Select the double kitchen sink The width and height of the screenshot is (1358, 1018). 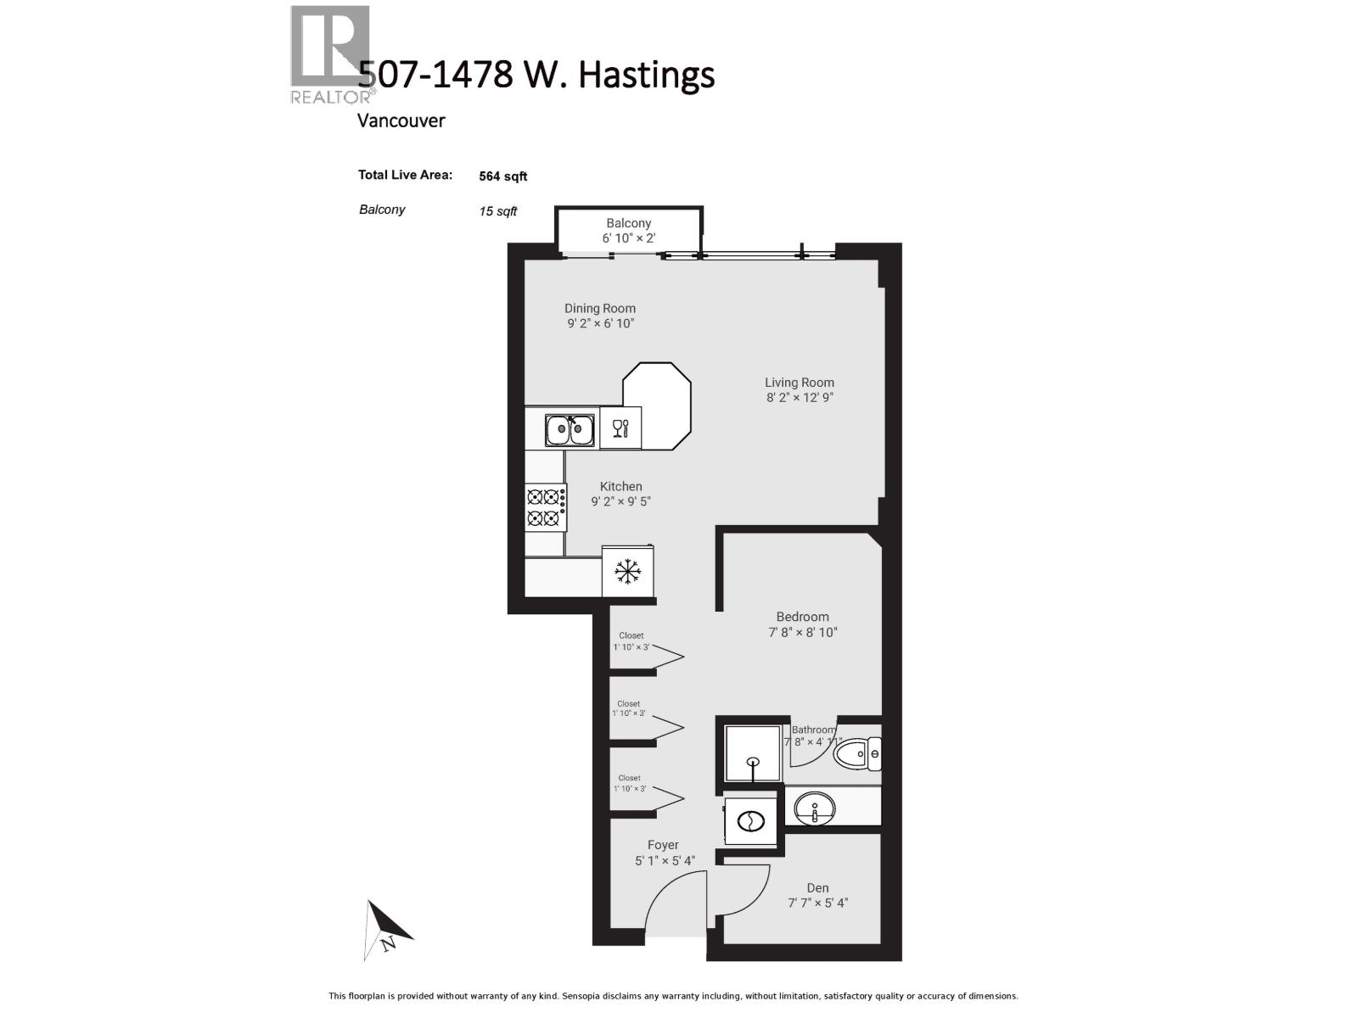pyautogui.click(x=569, y=430)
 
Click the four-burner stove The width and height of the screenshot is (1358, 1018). pyautogui.click(x=545, y=506)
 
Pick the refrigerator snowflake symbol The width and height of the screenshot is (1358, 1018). pyautogui.click(x=627, y=572)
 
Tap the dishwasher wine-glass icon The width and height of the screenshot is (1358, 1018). pyautogui.click(x=620, y=428)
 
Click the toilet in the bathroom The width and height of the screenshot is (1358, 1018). pyautogui.click(x=857, y=753)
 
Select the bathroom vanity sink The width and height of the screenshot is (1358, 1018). pyautogui.click(x=815, y=807)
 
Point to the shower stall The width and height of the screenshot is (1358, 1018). pyautogui.click(x=752, y=752)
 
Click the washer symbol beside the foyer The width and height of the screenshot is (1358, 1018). pyautogui.click(x=751, y=820)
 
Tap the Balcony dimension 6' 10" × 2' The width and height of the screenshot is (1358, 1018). pyautogui.click(x=629, y=238)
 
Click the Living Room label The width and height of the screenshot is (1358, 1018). pyautogui.click(x=799, y=383)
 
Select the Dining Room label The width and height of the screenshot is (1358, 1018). pyautogui.click(x=600, y=309)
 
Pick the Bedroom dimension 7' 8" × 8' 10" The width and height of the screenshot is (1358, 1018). pyautogui.click(x=803, y=632)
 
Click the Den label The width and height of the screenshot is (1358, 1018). pyautogui.click(x=817, y=888)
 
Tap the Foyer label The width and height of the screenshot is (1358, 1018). pyautogui.click(x=663, y=845)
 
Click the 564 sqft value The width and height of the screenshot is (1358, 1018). pyautogui.click(x=502, y=176)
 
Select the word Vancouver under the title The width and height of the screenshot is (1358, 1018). pyautogui.click(x=401, y=120)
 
